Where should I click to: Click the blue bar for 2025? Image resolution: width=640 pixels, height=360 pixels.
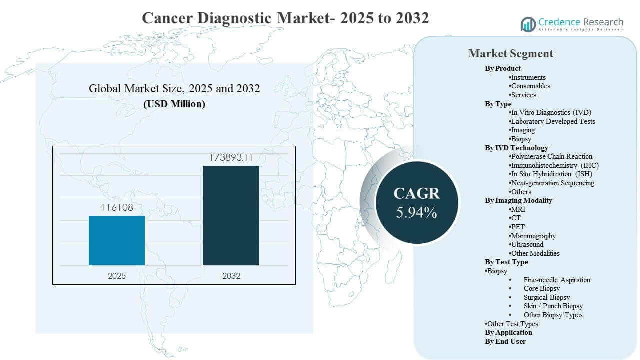pyautogui.click(x=117, y=240)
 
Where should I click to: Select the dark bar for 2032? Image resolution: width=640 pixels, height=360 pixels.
pyautogui.click(x=231, y=215)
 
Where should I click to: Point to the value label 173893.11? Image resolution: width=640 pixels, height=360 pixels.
pyautogui.click(x=231, y=158)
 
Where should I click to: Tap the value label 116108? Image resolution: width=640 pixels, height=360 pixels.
pyautogui.click(x=117, y=207)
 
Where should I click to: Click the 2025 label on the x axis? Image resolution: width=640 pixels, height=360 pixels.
pyautogui.click(x=117, y=276)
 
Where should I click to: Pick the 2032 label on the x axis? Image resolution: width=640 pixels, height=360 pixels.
pyautogui.click(x=231, y=276)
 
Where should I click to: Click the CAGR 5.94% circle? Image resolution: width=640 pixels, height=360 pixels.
pyautogui.click(x=416, y=202)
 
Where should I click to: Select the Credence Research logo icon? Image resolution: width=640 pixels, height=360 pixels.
pyautogui.click(x=528, y=24)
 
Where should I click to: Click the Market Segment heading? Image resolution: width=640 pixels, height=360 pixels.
pyautogui.click(x=510, y=54)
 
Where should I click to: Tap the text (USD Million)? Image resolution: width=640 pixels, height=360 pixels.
pyautogui.click(x=174, y=104)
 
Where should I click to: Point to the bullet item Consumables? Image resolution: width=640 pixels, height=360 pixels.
pyautogui.click(x=530, y=86)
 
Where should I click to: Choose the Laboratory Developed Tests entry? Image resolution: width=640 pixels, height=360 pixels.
pyautogui.click(x=552, y=121)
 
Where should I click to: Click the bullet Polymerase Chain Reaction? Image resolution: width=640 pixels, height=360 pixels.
pyautogui.click(x=551, y=156)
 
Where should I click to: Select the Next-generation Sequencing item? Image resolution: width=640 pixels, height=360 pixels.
pyautogui.click(x=552, y=183)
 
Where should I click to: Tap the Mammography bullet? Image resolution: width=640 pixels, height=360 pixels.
pyautogui.click(x=533, y=236)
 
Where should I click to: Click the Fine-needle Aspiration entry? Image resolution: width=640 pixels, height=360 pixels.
pyautogui.click(x=557, y=280)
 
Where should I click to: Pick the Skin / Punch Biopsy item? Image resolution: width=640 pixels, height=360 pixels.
pyautogui.click(x=553, y=306)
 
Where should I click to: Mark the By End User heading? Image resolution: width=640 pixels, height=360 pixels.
pyautogui.click(x=505, y=341)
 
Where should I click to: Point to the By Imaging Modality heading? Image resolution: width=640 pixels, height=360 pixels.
pyautogui.click(x=518, y=200)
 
